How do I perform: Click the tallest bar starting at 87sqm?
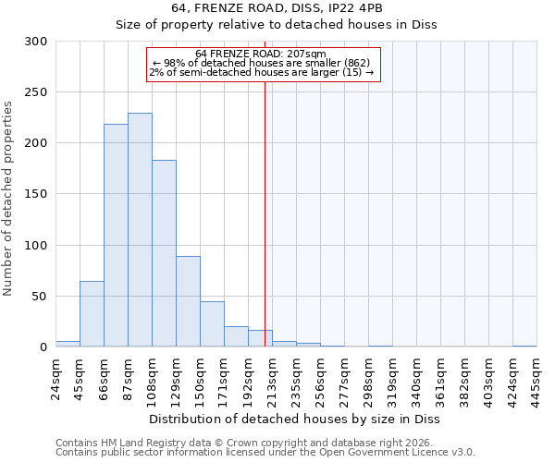[140, 230]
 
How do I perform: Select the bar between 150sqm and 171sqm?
[212, 324]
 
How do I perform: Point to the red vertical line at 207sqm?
[265, 203]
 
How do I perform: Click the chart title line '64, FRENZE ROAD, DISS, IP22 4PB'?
[277, 8]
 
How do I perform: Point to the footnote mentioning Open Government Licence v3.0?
[265, 452]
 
